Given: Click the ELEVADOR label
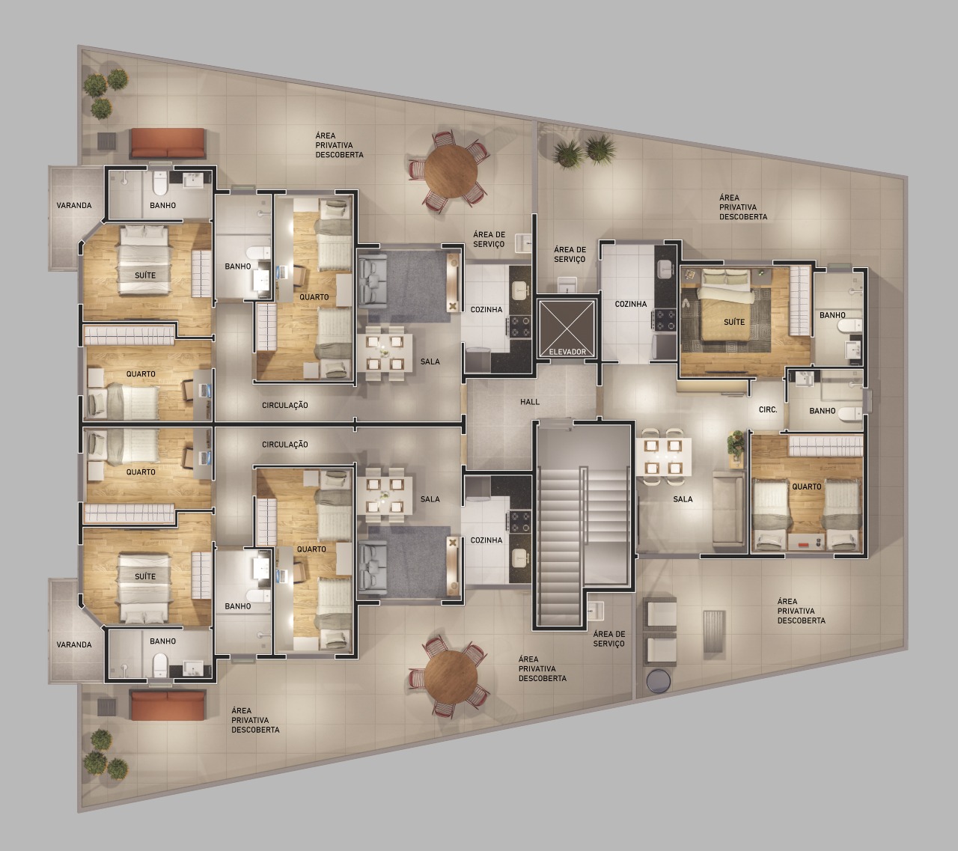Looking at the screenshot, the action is pos(567,352).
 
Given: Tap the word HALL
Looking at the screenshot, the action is pos(530,402).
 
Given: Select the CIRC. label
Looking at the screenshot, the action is pos(768,409).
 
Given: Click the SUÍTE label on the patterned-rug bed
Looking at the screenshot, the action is pos(734,322).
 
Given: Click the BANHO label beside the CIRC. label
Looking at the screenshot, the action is pos(822,411).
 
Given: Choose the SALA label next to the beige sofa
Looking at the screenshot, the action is pos(683,499).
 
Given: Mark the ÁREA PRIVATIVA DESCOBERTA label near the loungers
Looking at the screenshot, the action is pos(801,611).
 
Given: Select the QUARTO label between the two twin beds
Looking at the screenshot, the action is pos(807,486).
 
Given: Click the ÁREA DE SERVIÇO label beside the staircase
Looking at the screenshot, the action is pos(608,638).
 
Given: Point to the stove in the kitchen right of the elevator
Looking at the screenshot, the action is pos(665,319).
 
